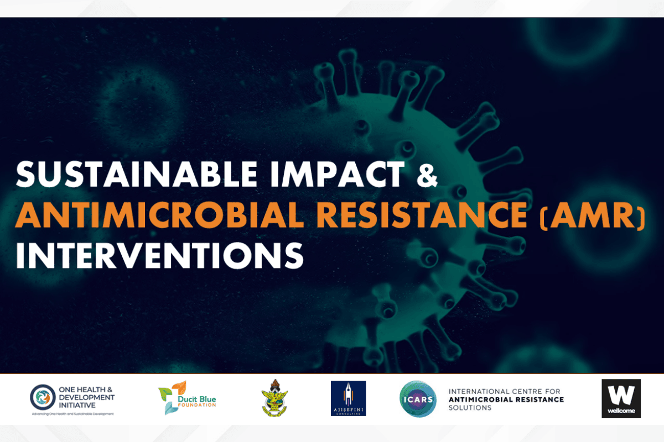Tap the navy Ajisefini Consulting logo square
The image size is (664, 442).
pyautogui.click(x=348, y=398)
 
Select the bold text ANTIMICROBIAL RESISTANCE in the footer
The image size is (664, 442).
pyautogui.click(x=506, y=399)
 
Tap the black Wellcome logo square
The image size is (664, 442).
pyautogui.click(x=621, y=398)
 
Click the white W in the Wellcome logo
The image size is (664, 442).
pyautogui.click(x=621, y=394)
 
